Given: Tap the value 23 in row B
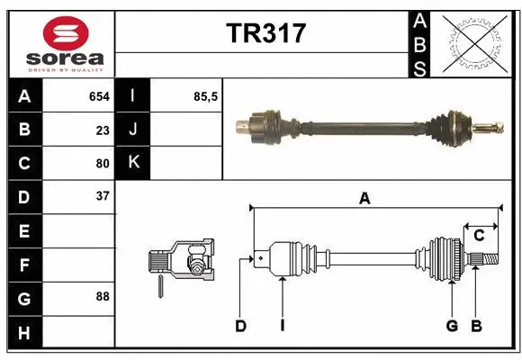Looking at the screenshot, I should (x=103, y=130).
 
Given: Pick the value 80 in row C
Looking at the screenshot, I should (x=103, y=164).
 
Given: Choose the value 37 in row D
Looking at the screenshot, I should (x=103, y=196).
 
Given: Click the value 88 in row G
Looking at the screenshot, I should (x=103, y=296).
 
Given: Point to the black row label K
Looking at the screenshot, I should (x=133, y=163).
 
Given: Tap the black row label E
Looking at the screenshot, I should (x=23, y=230).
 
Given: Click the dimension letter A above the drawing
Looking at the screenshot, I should (x=364, y=199).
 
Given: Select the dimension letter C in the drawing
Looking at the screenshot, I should (x=480, y=235).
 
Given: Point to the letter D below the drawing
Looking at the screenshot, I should (x=240, y=327).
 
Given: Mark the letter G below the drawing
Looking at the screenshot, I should (x=453, y=327).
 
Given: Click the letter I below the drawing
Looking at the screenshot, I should (x=282, y=327).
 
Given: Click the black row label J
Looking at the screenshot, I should (x=133, y=130).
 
